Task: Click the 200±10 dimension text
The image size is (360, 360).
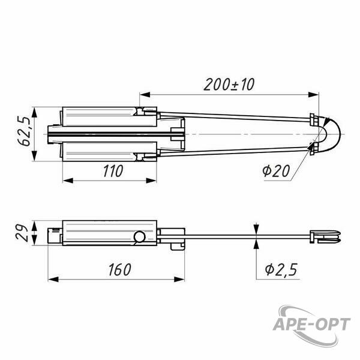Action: point(229,85)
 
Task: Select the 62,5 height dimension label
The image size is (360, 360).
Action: point(24,131)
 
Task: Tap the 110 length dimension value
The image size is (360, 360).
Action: point(113,171)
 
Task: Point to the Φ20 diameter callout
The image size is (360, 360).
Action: point(276,171)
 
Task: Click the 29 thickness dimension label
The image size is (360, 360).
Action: point(22,233)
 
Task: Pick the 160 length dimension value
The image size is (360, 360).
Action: point(119,269)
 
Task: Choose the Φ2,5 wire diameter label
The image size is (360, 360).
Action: point(281,269)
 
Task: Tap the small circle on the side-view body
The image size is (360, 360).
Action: point(139,237)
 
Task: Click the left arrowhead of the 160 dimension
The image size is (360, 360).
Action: point(53,280)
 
